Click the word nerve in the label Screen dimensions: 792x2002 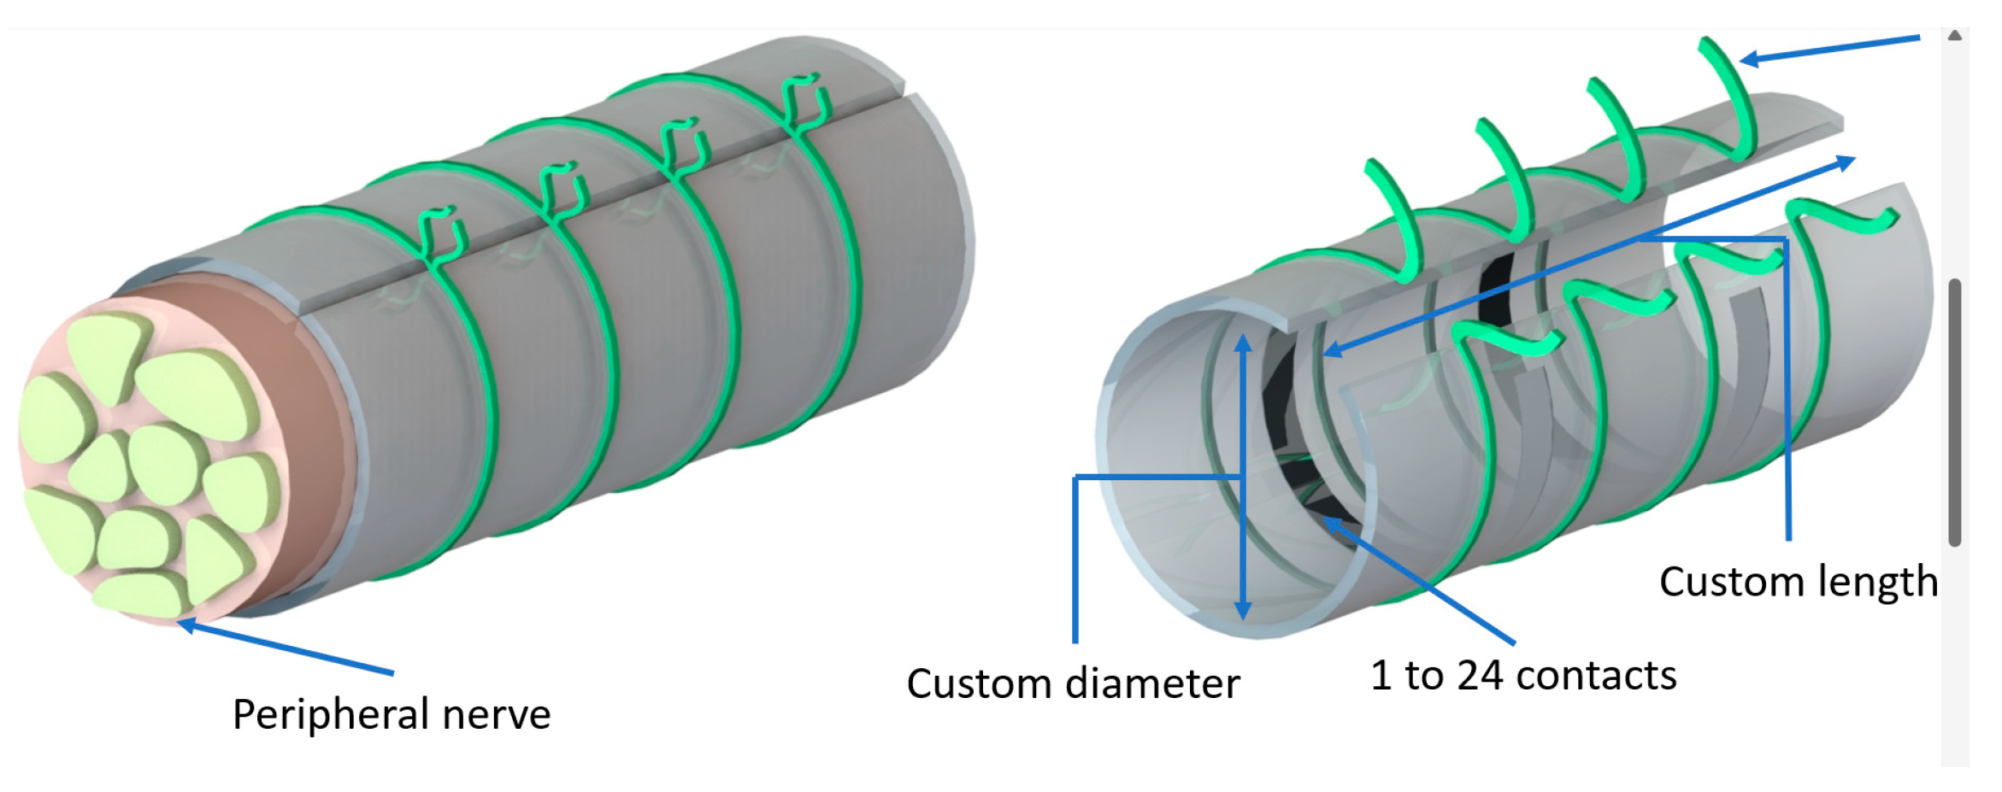[x=497, y=714]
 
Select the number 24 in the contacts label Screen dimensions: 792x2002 [x=1480, y=675]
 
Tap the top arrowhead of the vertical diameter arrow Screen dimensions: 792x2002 [x=1244, y=342]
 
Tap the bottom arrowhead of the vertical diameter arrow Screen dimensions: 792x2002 [x=1244, y=612]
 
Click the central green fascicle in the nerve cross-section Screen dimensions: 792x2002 [x=167, y=461]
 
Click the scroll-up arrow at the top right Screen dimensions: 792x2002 [x=1954, y=36]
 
